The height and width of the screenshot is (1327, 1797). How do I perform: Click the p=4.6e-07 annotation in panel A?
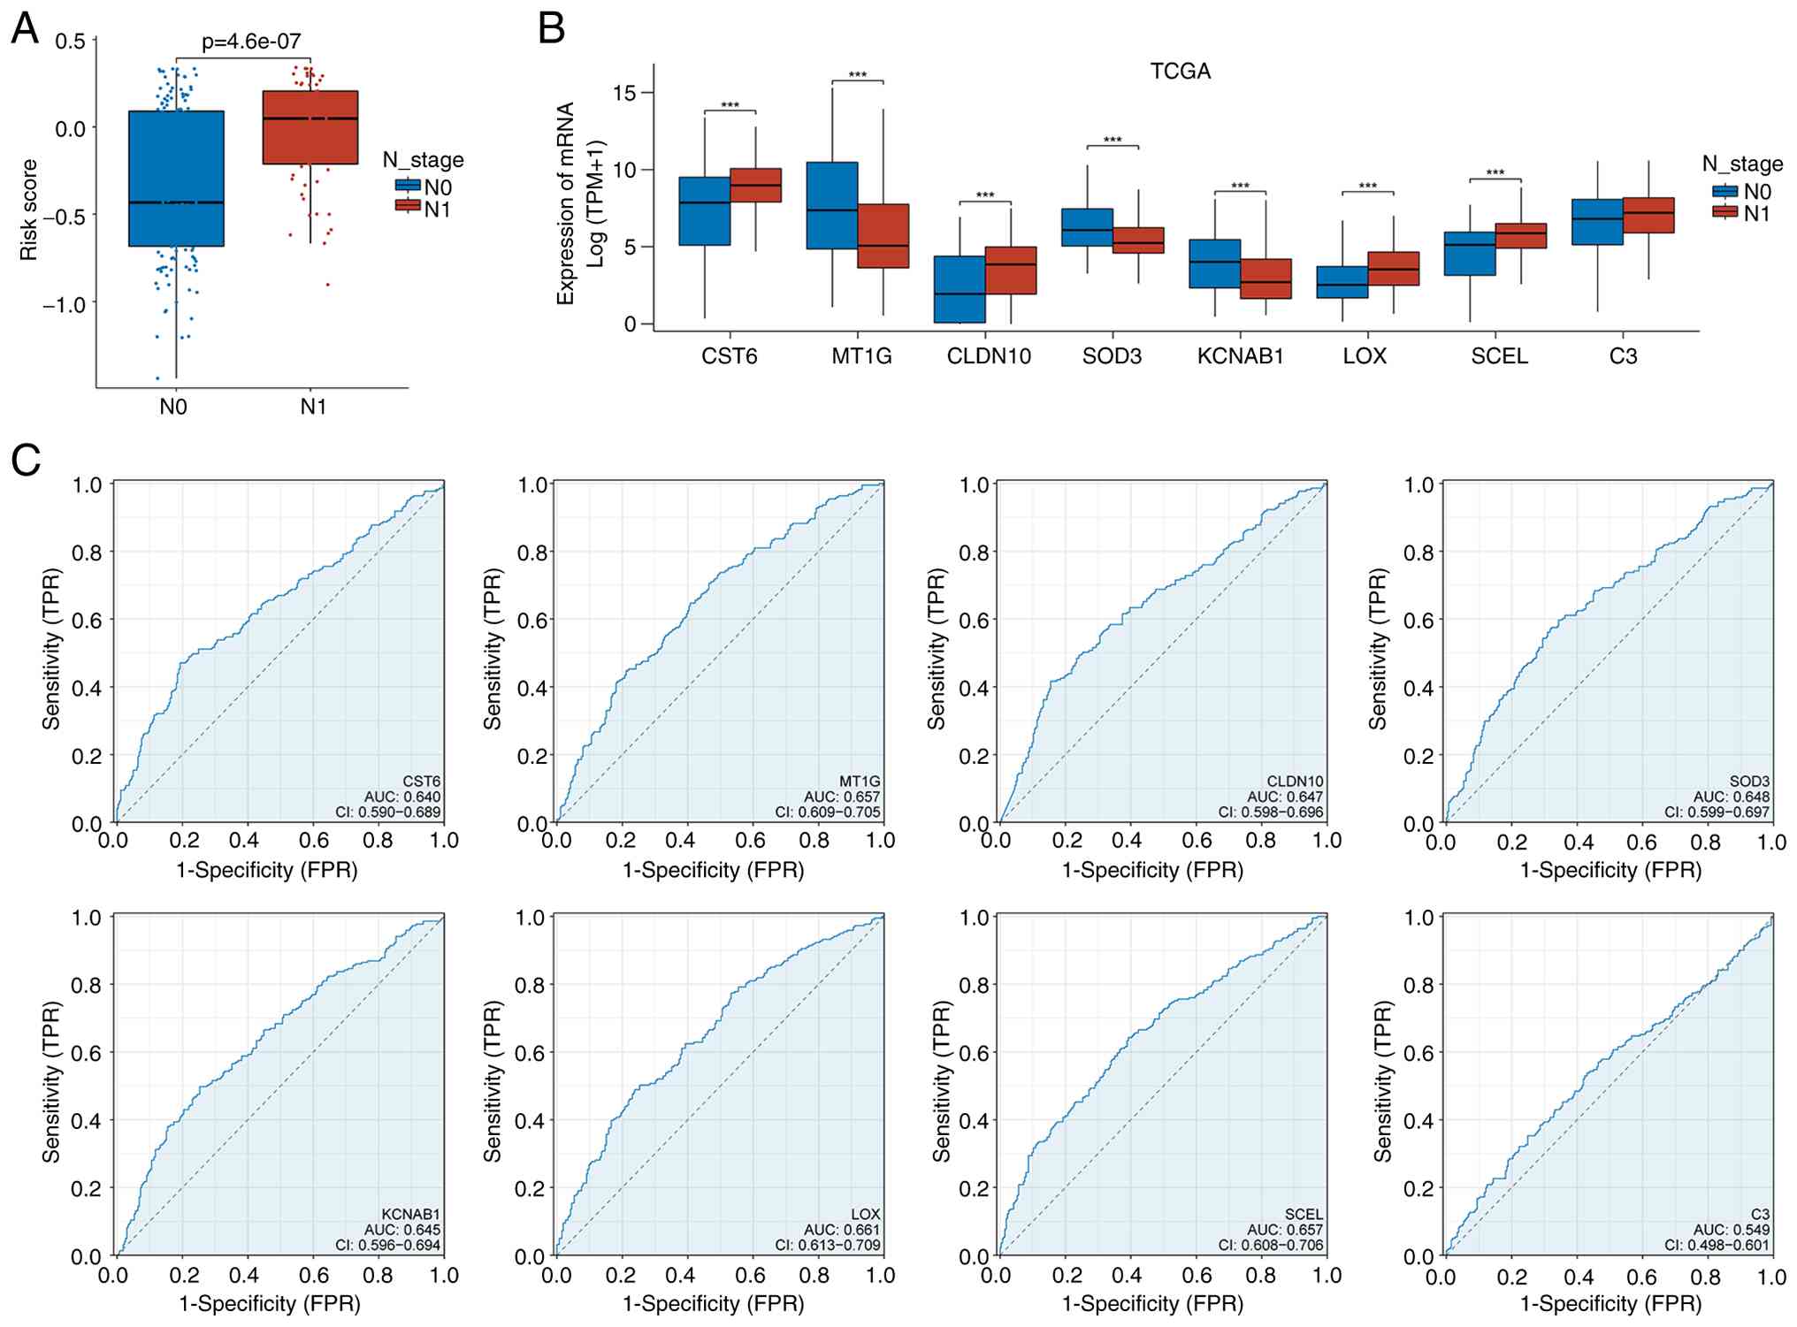(251, 42)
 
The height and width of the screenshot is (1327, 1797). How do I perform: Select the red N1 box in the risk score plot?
(310, 127)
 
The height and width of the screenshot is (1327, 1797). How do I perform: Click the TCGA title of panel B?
(1180, 72)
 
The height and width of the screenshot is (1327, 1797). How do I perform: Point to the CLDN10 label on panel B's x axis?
(989, 356)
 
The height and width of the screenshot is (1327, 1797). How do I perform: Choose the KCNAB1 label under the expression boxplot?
(1240, 356)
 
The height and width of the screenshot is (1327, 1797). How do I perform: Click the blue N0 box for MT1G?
(832, 205)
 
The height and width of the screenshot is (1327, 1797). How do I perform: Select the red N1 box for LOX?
(1394, 269)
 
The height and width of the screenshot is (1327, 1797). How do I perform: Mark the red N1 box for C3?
(1648, 215)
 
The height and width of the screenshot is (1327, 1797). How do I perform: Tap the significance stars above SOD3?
(1113, 141)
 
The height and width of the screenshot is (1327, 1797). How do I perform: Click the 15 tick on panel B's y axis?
(623, 93)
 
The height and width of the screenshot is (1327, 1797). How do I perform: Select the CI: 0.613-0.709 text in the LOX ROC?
(828, 1245)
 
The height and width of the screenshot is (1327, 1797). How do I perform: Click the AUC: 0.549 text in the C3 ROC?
(1732, 1230)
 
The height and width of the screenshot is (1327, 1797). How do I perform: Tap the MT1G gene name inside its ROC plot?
(860, 782)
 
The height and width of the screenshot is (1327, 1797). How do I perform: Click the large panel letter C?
(26, 460)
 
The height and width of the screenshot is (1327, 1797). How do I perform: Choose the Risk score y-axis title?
(29, 210)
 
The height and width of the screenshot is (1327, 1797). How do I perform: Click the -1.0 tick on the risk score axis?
(65, 304)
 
